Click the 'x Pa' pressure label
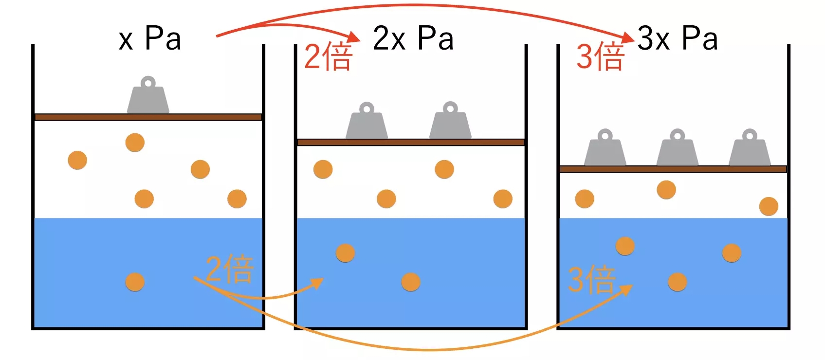point(149,38)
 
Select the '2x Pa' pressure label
point(413,38)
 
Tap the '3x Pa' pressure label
point(677,38)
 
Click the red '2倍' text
point(328,57)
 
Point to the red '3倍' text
point(600,57)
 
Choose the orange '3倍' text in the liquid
point(592,280)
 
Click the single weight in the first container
point(148,97)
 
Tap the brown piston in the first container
point(148,117)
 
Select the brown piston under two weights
point(411,142)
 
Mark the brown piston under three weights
point(673,169)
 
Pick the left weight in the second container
point(367,123)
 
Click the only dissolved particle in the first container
point(135,282)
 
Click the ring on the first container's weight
point(148,82)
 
